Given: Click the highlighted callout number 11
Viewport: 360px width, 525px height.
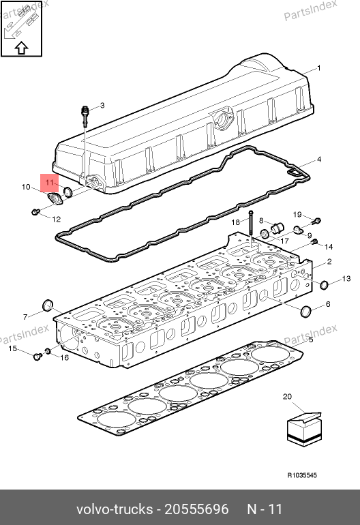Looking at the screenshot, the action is [49, 183].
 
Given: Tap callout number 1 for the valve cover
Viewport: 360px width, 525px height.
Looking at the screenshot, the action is [319, 68].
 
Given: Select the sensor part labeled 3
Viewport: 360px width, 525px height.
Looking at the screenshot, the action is [86, 115].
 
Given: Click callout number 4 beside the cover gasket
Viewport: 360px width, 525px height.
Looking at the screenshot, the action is [319, 160].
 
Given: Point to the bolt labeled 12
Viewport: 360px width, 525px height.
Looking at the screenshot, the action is [35, 211].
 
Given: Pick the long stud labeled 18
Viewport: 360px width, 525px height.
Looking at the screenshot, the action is [250, 226].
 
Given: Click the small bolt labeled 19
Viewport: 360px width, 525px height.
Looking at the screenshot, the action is [317, 221].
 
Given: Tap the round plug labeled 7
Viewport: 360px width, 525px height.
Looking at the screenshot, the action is [48, 305].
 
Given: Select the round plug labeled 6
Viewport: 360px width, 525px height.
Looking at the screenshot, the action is [306, 311].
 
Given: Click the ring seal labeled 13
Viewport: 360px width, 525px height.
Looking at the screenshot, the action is [324, 285].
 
